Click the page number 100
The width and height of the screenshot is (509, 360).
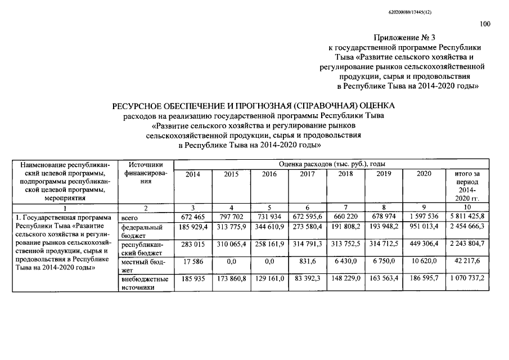pyautogui.click(x=485, y=24)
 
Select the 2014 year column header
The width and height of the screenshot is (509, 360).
pyautogui.click(x=192, y=174)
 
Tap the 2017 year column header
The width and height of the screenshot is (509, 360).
pyautogui.click(x=307, y=174)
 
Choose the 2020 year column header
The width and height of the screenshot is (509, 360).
pyautogui.click(x=424, y=174)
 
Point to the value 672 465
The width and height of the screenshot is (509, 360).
pyautogui.click(x=192, y=217)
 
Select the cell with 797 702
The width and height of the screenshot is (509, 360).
pyautogui.click(x=231, y=217)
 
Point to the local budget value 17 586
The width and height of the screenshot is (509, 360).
pyautogui.click(x=192, y=262)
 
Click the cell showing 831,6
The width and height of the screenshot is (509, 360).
pyautogui.click(x=307, y=262)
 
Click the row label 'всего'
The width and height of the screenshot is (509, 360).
pyautogui.click(x=130, y=217)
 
